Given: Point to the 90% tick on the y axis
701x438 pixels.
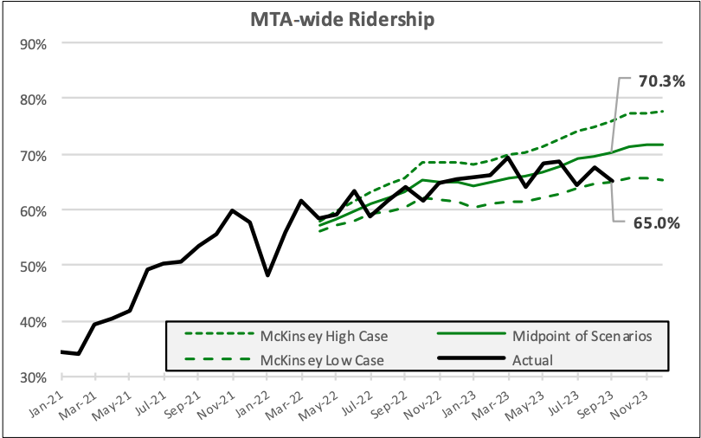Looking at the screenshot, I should [x=33, y=43].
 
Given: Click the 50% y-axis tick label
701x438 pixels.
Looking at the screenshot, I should [x=33, y=266].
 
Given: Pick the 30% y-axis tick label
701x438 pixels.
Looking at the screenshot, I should [x=33, y=377].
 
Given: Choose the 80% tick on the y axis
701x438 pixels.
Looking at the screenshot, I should [x=33, y=99].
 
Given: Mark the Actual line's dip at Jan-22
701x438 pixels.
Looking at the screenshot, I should [x=267, y=275].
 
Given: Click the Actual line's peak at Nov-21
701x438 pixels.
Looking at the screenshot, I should [x=234, y=210].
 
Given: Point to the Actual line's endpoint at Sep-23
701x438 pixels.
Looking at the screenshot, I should [x=612, y=181].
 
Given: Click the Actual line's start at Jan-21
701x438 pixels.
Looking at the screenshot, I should [x=62, y=351].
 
